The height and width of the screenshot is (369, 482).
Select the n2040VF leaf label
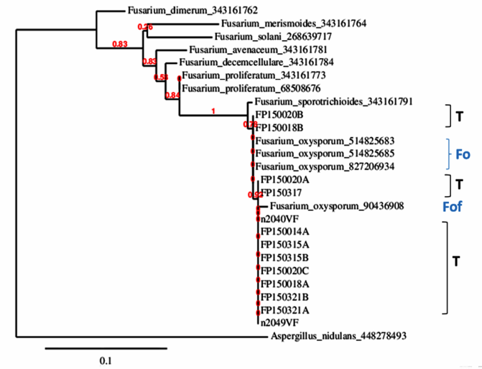coord(277,218)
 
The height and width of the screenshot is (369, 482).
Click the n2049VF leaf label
coord(277,322)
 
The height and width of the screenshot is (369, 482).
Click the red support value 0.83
coord(121,45)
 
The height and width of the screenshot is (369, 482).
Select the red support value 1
coord(213,111)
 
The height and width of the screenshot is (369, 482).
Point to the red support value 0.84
coord(172,95)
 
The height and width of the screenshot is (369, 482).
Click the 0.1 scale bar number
coord(106,360)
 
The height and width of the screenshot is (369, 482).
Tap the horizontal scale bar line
coord(106,348)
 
